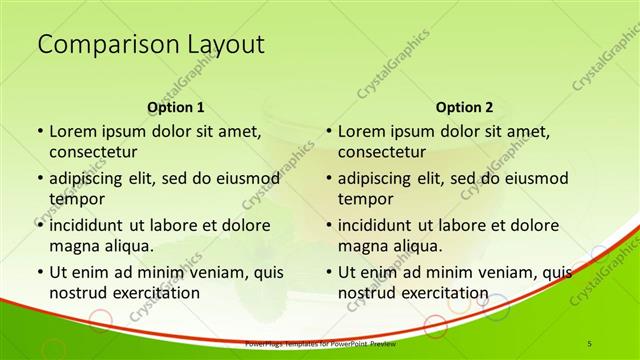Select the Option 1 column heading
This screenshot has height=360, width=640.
click(x=176, y=107)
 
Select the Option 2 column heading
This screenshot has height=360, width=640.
click(x=464, y=107)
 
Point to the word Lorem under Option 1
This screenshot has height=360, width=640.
click(x=73, y=131)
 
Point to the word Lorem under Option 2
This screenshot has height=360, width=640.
click(x=362, y=131)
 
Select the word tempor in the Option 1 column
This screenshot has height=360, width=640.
click(x=74, y=199)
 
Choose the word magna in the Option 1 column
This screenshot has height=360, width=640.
click(x=73, y=246)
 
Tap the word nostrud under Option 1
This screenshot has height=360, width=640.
click(x=77, y=293)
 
